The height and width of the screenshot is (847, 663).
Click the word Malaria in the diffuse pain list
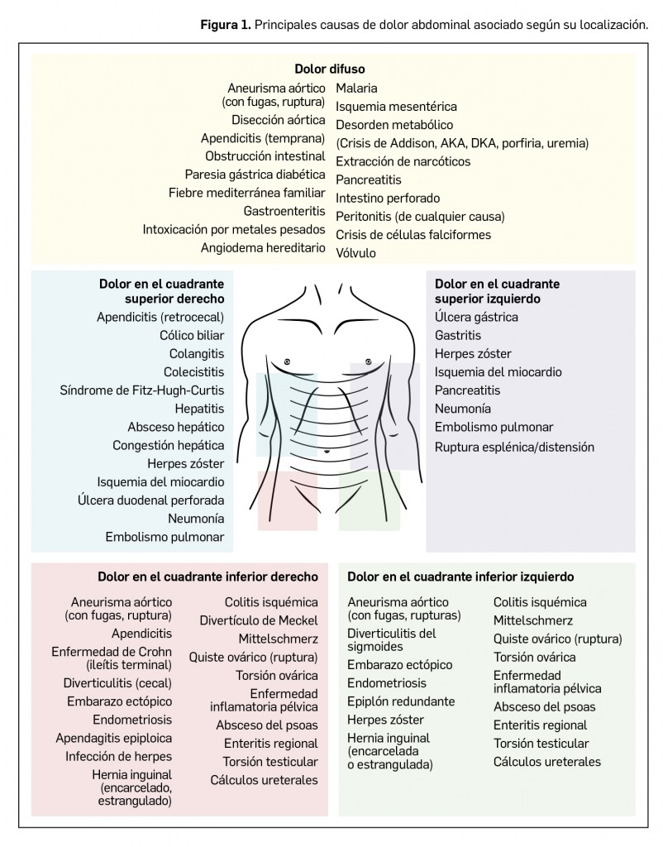tap(357, 88)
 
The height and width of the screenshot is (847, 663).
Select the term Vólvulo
tap(355, 253)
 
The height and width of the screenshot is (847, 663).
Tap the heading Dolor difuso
tap(330, 69)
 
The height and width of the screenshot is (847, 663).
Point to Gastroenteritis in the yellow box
tap(279, 211)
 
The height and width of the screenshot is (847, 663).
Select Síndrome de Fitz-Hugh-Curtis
tap(142, 390)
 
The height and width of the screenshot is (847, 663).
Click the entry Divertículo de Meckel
tap(259, 620)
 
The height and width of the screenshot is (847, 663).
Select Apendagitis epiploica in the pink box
tap(114, 738)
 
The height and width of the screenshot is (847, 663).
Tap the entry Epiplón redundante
tap(401, 701)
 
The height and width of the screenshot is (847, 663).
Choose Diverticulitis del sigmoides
tap(392, 639)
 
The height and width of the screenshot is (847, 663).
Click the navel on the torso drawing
tap(328, 451)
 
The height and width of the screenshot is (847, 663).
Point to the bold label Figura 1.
tap(225, 25)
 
